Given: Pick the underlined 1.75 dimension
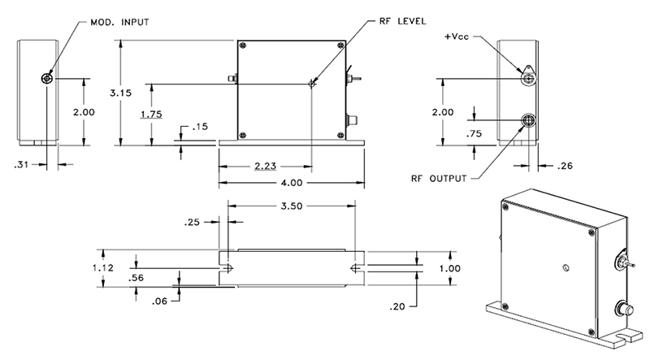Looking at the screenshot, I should tap(150, 114).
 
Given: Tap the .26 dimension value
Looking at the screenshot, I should tap(565, 166).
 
